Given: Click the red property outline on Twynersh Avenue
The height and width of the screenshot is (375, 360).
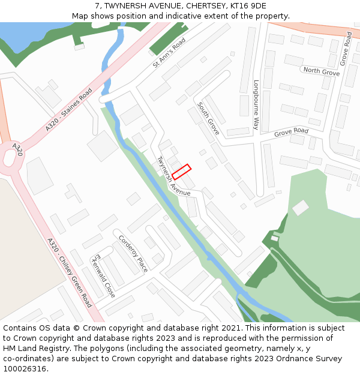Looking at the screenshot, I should point(181,172).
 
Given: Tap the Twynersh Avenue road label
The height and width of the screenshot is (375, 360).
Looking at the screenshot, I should point(173,177).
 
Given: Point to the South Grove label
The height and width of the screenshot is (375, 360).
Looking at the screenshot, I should point(208,118).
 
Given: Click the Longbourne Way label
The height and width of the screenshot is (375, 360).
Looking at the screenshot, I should point(256,105).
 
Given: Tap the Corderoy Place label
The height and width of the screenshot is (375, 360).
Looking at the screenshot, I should point(133,253).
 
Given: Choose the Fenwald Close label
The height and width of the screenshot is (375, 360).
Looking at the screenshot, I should point(103,275).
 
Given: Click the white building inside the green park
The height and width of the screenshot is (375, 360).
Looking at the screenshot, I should point(300,208).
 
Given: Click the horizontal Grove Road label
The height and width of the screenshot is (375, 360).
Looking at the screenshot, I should point(291,131).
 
